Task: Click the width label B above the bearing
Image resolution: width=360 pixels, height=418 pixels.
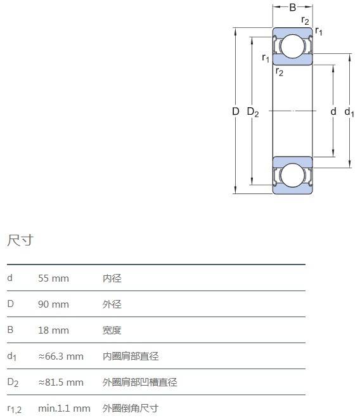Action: (293, 7)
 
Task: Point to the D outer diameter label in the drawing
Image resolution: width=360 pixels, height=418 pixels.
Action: (236, 112)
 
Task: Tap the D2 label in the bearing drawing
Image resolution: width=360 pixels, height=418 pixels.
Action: (253, 112)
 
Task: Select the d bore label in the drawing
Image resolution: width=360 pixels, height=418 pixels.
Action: (333, 111)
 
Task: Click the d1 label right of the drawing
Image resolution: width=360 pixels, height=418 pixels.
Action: (349, 112)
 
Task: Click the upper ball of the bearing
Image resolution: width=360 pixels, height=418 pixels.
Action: (292, 46)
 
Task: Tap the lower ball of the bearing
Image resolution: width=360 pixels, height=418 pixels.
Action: (292, 175)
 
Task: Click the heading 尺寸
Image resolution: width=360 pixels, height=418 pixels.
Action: (20, 240)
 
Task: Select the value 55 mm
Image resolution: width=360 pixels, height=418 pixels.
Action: (53, 278)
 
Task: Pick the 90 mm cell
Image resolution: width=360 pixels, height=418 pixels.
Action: (53, 304)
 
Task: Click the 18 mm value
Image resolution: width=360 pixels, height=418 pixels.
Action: (53, 330)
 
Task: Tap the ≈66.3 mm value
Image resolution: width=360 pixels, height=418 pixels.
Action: (61, 356)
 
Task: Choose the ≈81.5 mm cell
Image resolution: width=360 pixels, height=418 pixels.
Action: (61, 382)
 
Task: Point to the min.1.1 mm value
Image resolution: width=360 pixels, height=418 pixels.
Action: (64, 408)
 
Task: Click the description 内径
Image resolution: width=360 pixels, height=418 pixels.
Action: (112, 278)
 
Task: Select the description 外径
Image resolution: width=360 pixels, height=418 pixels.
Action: (112, 304)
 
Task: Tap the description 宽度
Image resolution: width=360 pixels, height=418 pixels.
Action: (112, 330)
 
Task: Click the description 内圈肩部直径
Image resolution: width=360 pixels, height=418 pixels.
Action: (131, 356)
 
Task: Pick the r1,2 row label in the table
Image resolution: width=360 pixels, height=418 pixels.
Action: (15, 409)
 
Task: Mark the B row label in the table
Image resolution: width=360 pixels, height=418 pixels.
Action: (10, 330)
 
